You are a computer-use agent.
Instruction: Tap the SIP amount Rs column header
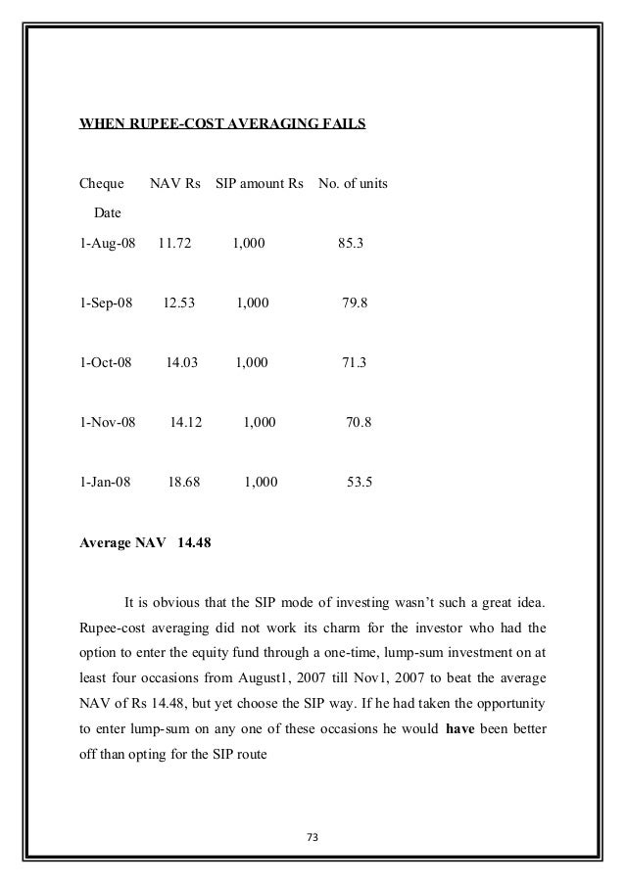(x=259, y=184)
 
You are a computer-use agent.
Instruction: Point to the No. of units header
(x=353, y=184)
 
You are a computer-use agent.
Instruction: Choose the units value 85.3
(x=352, y=240)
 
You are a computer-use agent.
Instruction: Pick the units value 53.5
(x=361, y=483)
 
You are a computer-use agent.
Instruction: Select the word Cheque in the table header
(x=101, y=184)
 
